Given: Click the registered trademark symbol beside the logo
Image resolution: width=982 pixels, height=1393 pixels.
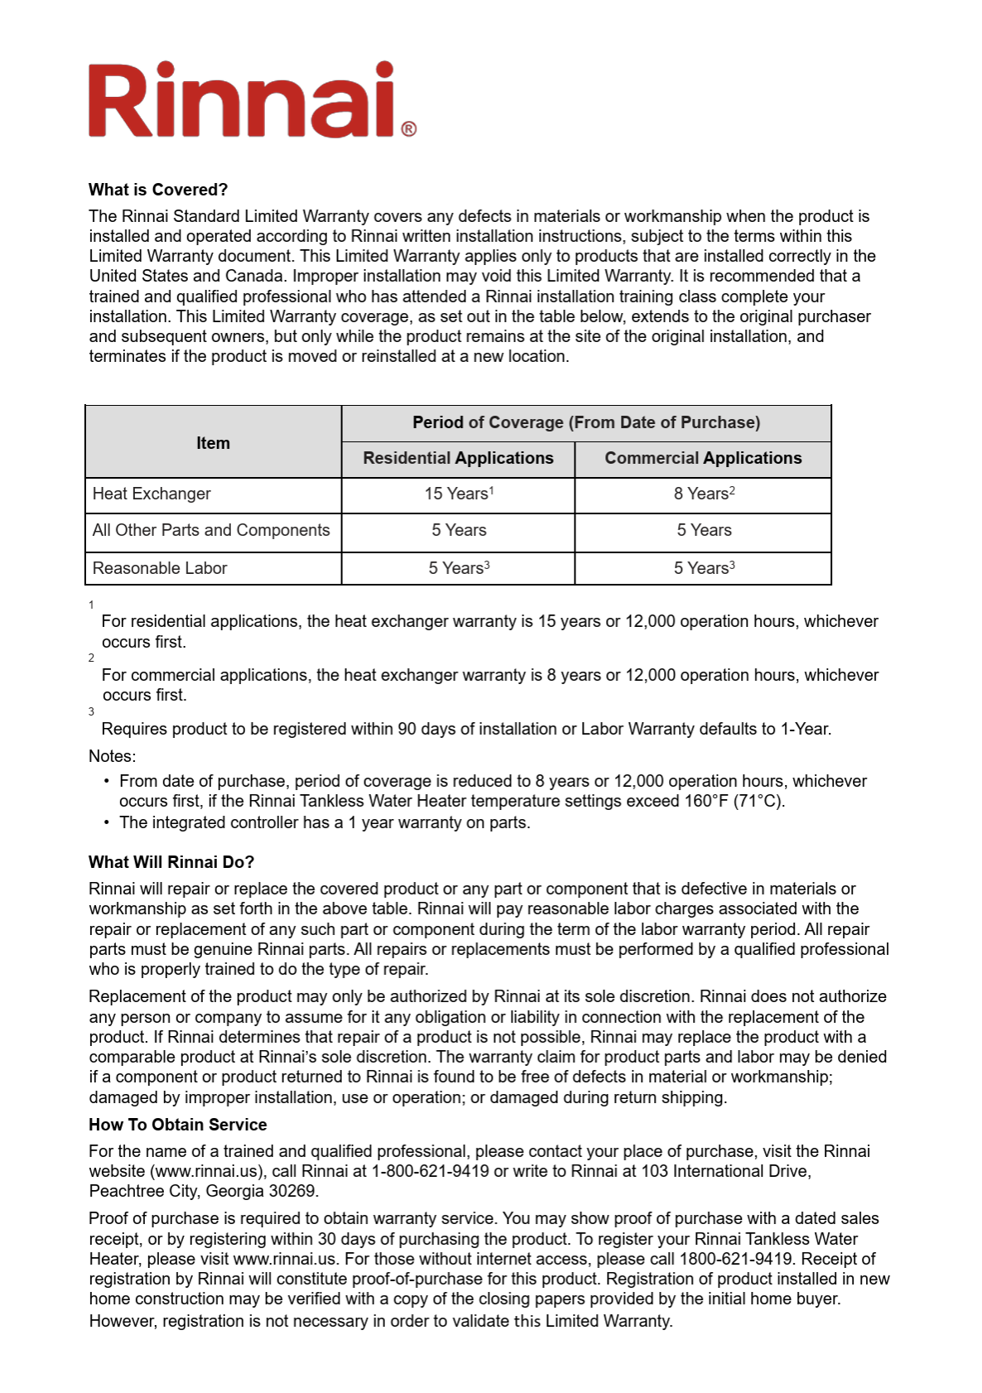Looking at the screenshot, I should click(x=408, y=129).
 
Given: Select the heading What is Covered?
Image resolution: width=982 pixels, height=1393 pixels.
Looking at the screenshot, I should click(x=158, y=190).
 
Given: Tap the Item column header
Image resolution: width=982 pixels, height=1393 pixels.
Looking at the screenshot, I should click(x=213, y=443).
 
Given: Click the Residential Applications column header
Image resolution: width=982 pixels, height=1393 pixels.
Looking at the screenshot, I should click(x=458, y=458).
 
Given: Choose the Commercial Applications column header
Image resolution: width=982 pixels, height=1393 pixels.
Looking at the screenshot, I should click(x=703, y=458).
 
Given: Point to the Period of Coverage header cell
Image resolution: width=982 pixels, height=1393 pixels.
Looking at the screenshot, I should click(x=586, y=422).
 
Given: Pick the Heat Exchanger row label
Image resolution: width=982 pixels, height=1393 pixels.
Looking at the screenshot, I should click(x=152, y=494).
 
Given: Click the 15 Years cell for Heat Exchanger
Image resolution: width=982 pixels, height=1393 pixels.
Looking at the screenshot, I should click(x=459, y=494).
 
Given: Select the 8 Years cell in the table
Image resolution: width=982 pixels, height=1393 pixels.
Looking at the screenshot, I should click(x=704, y=494).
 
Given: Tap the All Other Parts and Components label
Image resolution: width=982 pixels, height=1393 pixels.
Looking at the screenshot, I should click(x=211, y=530).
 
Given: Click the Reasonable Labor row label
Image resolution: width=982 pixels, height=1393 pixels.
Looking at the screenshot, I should click(x=160, y=568).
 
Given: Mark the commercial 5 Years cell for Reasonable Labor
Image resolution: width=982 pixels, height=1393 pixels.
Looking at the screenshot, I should click(x=704, y=568).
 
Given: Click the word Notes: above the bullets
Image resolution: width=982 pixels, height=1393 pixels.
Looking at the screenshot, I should click(x=113, y=756).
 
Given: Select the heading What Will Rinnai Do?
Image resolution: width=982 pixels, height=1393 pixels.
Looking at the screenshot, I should click(x=171, y=862).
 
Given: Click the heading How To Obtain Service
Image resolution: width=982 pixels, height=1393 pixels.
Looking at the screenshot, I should click(x=178, y=1125).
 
